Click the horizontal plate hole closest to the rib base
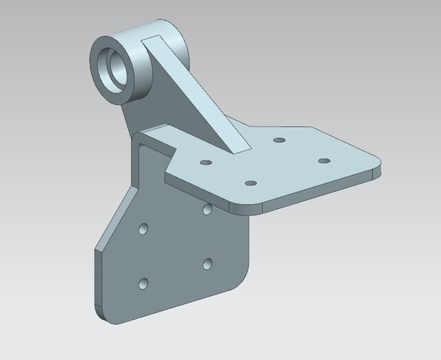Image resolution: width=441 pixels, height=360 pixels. tap(279, 140)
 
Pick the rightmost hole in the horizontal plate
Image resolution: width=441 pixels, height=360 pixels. tap(323, 161)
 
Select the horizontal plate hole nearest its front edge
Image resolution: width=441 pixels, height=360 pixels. tap(251, 183)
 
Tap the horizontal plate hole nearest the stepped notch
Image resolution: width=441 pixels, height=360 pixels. tap(205, 163)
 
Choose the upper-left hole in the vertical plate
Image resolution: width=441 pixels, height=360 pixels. tap(143, 227)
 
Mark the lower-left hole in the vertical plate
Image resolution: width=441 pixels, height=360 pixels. tap(143, 282)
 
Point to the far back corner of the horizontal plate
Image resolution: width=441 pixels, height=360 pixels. tap(314, 128)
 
